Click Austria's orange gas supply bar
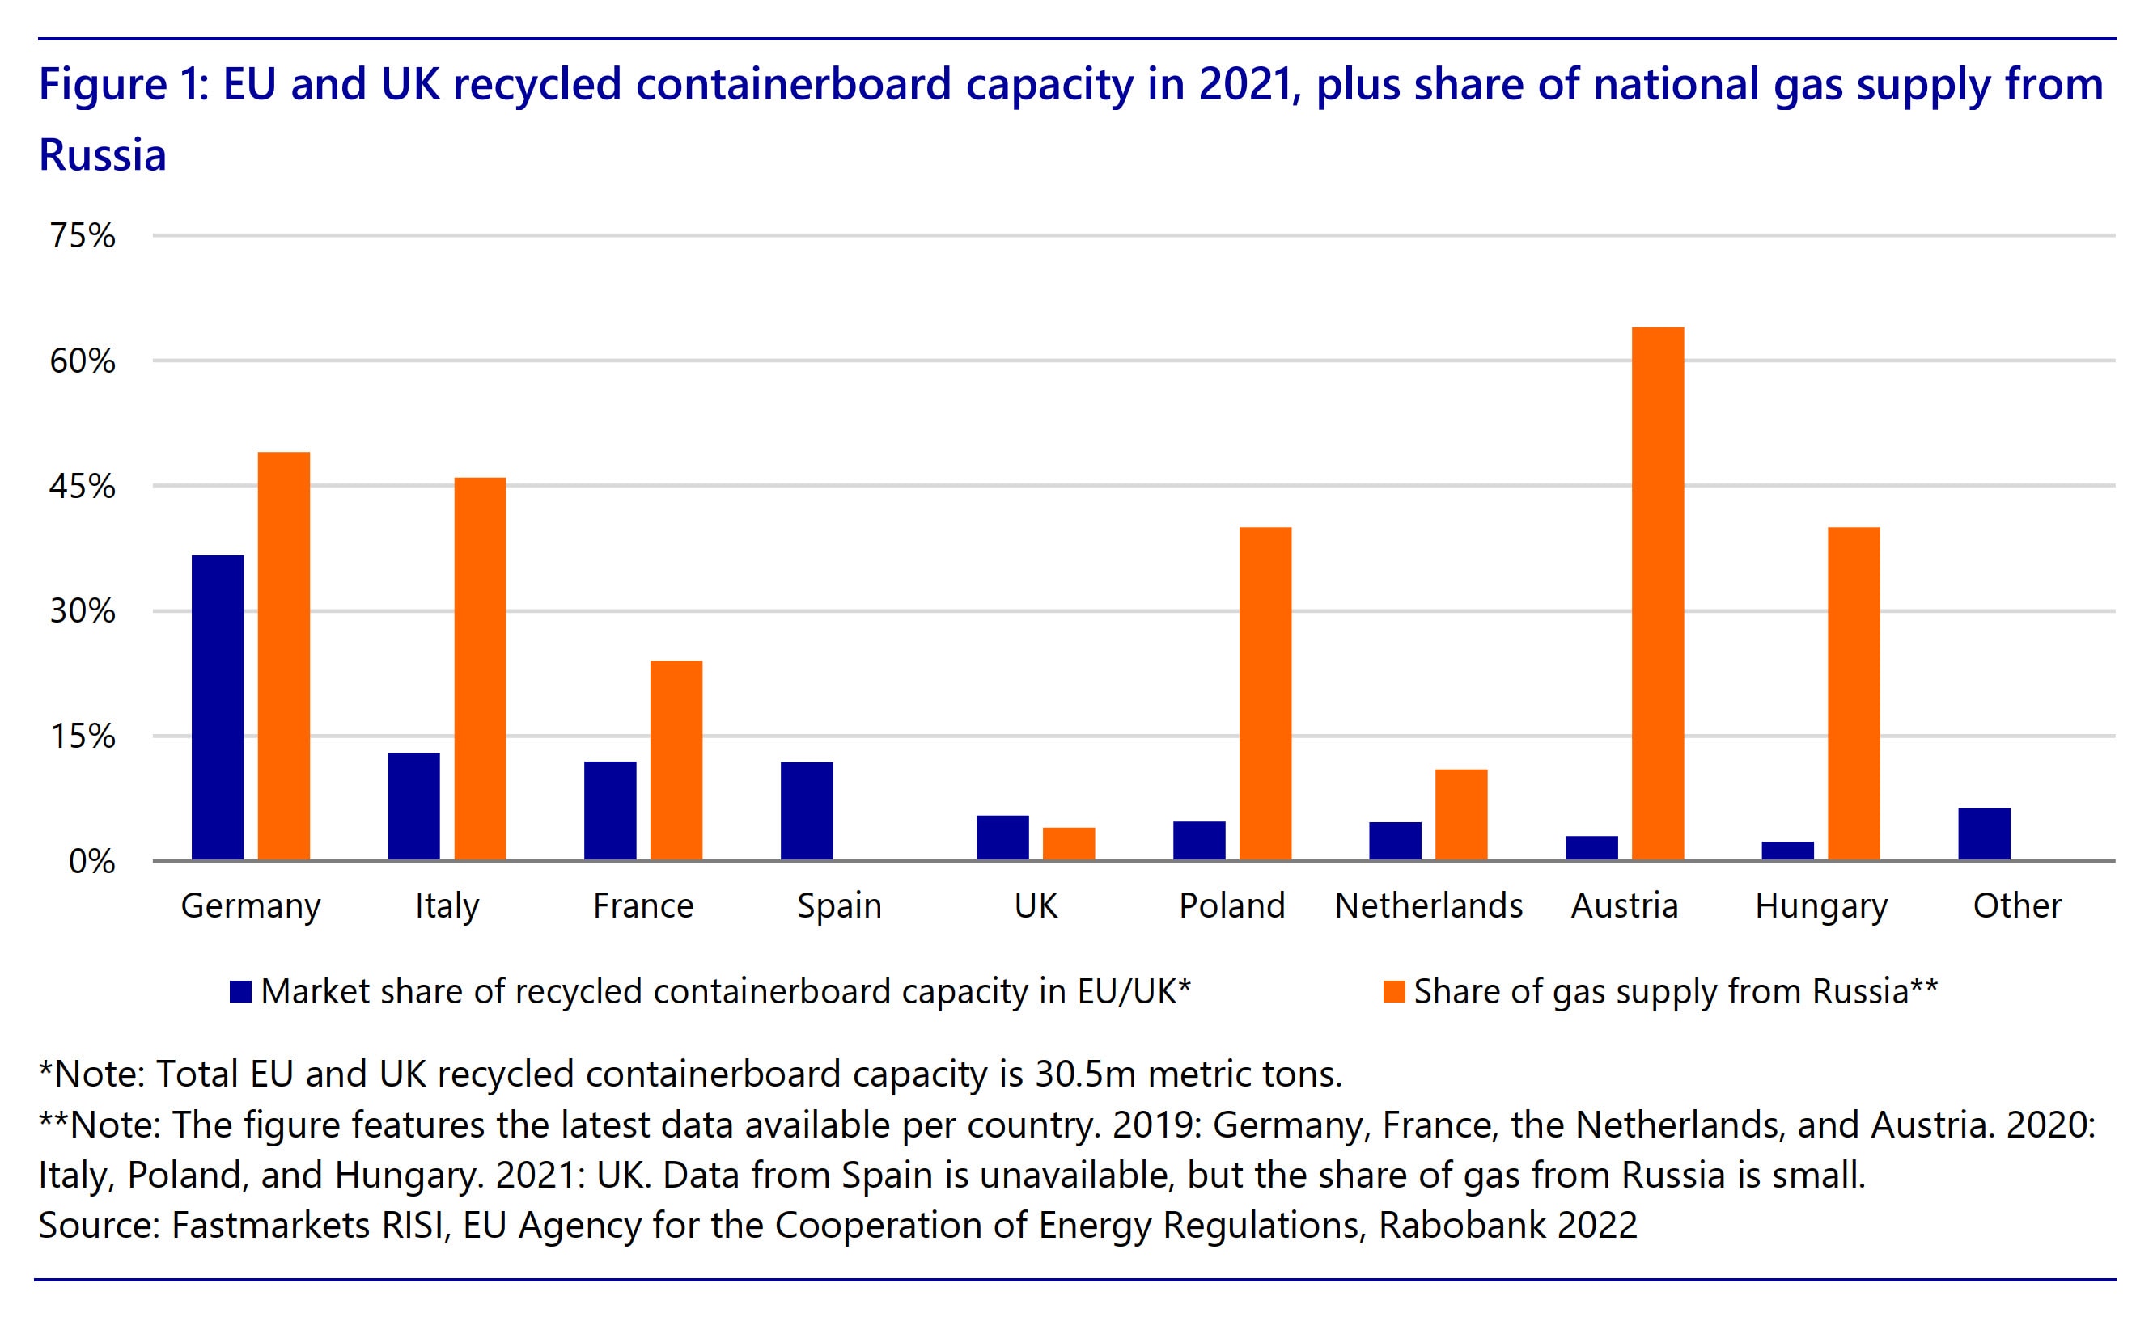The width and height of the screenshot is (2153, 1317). (x=1658, y=594)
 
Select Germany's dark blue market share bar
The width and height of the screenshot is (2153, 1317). (x=218, y=708)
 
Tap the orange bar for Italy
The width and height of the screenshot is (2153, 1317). (x=480, y=669)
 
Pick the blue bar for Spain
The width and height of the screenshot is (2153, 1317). (x=807, y=812)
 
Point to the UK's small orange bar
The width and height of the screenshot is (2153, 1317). (x=1069, y=845)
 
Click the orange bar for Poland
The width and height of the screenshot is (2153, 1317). (x=1265, y=694)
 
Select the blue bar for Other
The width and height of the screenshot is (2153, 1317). (x=1985, y=835)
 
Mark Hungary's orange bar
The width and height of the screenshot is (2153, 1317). (x=1854, y=694)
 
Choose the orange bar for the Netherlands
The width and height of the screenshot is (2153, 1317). (x=1461, y=815)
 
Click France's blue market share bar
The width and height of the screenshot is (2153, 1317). (x=610, y=812)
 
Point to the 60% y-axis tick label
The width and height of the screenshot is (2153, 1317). (x=83, y=361)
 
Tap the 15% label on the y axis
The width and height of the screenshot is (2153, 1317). (x=83, y=737)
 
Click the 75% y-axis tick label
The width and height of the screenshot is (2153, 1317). (x=83, y=236)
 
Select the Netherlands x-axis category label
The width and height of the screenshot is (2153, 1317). (x=1429, y=905)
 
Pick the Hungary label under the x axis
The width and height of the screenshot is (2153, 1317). (x=1821, y=907)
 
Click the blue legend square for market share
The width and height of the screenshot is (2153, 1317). (x=240, y=991)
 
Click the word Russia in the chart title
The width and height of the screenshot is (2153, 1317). (x=102, y=155)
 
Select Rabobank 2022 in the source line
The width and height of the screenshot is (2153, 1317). (x=1507, y=1226)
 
